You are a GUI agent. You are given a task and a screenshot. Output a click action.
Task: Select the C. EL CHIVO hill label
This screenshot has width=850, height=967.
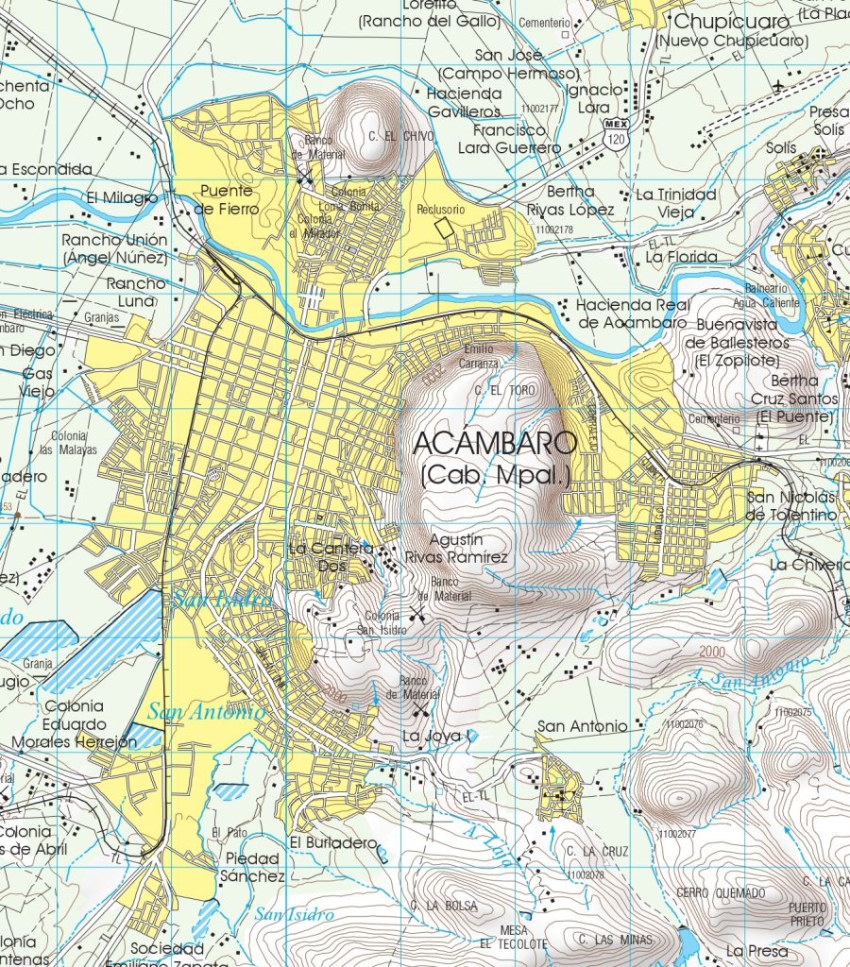pos(401,137)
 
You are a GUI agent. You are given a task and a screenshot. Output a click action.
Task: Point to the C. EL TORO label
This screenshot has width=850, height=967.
pos(506,390)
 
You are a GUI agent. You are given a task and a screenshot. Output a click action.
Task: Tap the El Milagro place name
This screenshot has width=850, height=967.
pos(122,197)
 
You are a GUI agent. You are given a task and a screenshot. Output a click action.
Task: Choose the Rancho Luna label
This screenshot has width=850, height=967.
pos(135,292)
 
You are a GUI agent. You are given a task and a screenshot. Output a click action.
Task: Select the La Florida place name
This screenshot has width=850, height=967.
pos(681,257)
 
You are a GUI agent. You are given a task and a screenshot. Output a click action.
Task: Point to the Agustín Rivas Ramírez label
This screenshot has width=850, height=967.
pos(456,549)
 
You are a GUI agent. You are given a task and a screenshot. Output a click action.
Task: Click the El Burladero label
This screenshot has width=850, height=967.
pos(333,841)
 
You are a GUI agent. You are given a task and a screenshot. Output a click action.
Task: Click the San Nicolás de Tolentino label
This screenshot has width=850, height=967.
pos(791,506)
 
